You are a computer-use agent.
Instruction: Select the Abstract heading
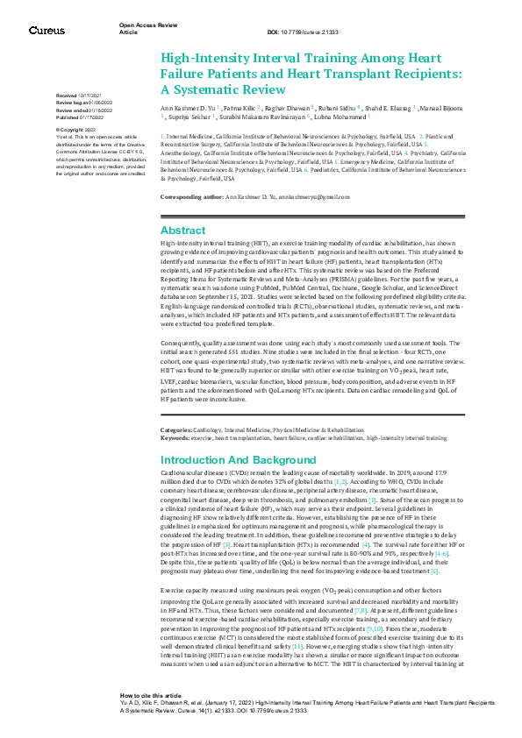point(183,230)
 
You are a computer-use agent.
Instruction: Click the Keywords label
point(174,436)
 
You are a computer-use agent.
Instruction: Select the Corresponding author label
point(191,198)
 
